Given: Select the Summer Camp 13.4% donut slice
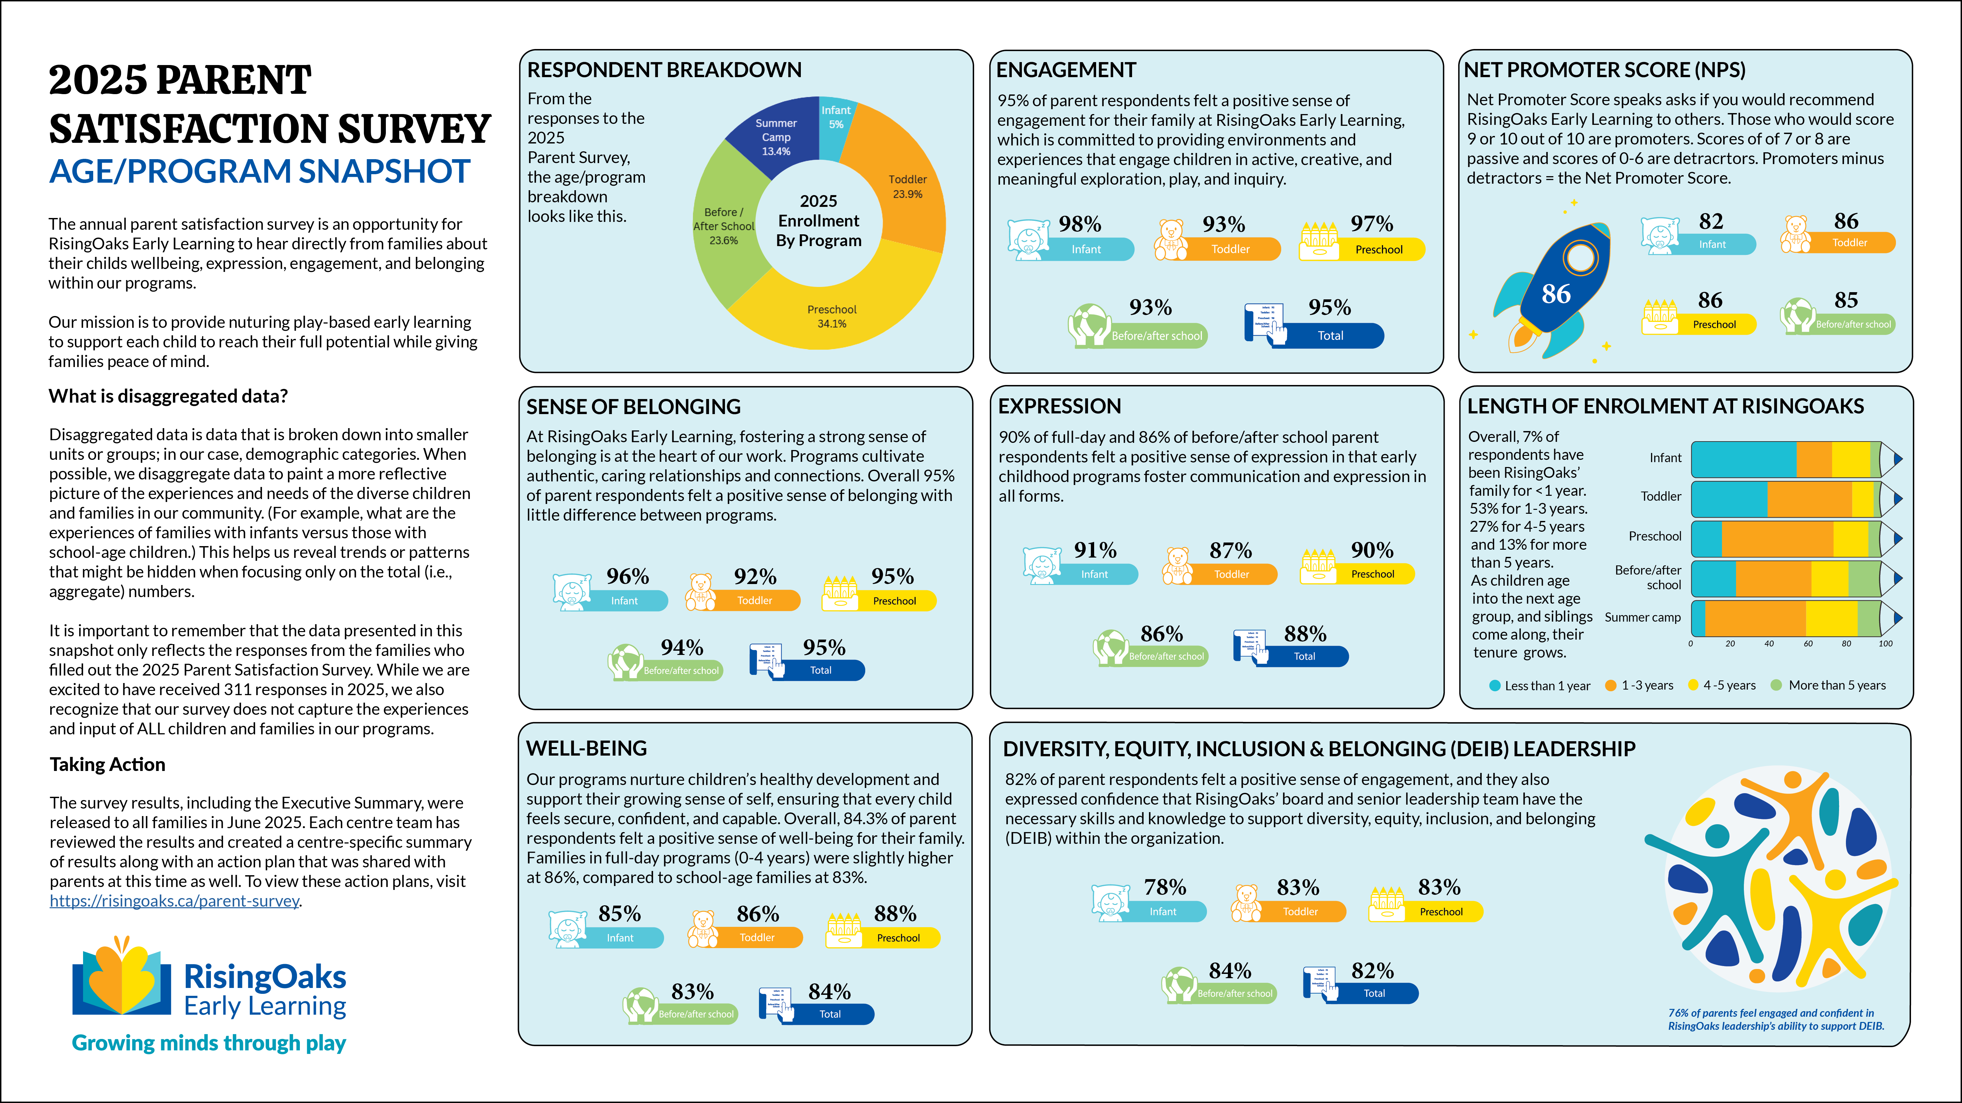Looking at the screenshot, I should click(x=775, y=137).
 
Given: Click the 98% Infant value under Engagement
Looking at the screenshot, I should click(x=1079, y=225).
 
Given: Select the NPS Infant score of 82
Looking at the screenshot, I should click(x=1711, y=222).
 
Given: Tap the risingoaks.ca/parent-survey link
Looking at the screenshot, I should click(x=174, y=901).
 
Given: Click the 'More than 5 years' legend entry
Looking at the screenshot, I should click(x=1836, y=685).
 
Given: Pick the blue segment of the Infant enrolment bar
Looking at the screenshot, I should click(x=1743, y=459).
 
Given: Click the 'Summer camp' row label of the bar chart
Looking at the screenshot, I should click(x=1642, y=617).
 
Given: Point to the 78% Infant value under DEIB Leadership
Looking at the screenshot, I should click(x=1164, y=888).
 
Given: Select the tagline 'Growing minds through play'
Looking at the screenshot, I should click(x=209, y=1043).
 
